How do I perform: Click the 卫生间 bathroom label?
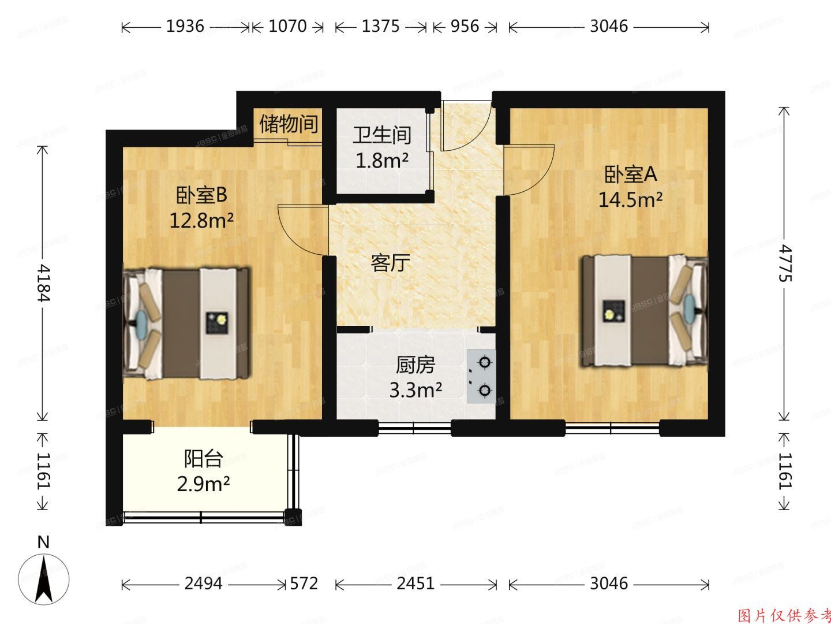(382, 135)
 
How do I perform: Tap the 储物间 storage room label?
(289, 124)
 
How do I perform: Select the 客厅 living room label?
(390, 263)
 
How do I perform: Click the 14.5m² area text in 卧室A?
(630, 200)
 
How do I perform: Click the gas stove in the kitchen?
(481, 376)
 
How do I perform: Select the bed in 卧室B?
(188, 324)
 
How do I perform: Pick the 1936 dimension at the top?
(185, 27)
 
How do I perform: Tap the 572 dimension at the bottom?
(303, 584)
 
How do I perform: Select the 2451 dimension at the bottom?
(415, 584)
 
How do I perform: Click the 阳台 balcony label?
(203, 459)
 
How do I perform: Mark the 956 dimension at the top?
(464, 27)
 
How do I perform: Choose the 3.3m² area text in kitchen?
(415, 391)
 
